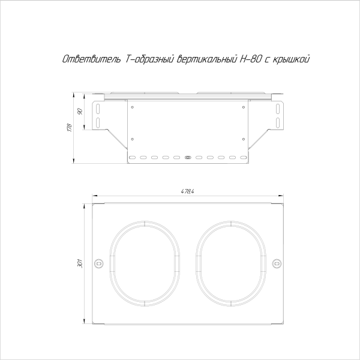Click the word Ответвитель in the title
tap(92, 59)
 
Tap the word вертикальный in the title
tap(208, 59)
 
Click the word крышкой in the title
tap(290, 59)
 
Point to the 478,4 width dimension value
tap(188, 191)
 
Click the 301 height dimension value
tap(80, 263)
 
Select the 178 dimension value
tap(70, 128)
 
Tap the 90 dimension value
tap(80, 112)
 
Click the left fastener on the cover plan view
tap(99, 263)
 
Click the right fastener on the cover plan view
tap(277, 263)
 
